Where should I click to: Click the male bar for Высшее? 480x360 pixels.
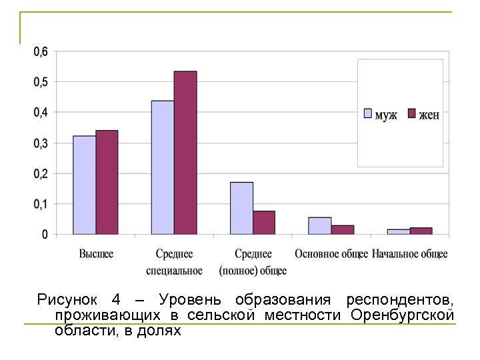pos(84,185)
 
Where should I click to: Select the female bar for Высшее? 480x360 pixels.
pos(107,182)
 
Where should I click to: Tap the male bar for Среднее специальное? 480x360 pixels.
pos(163,167)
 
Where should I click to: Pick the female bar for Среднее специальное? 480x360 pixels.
pos(185,153)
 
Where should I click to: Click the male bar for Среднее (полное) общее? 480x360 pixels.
pos(241,208)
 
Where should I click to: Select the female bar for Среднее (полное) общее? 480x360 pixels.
pos(264,223)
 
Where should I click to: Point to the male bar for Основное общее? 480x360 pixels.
pos(320,225)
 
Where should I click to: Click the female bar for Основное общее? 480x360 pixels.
pos(343,229)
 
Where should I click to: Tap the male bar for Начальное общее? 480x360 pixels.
pos(399,231)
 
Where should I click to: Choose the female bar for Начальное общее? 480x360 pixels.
pos(421,231)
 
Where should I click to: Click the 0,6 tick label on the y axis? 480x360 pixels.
pos(41,51)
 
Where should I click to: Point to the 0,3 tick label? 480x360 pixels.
pos(41,143)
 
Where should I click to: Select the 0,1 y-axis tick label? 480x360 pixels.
pos(41,203)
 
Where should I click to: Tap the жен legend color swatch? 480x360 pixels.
pos(411,113)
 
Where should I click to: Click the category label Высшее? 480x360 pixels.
pos(96,254)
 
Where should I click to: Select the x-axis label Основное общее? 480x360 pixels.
pos(331,254)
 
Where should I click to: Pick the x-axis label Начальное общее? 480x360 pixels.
pos(410,254)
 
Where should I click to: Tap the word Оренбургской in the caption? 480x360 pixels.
pos(402,314)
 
